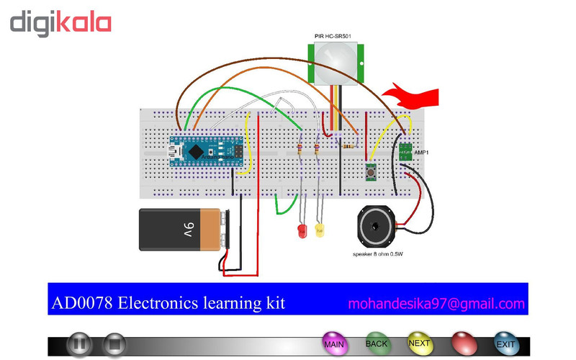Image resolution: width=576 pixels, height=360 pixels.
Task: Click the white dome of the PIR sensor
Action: click(x=336, y=60)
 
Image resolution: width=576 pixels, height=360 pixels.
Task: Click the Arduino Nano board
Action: click(x=204, y=152)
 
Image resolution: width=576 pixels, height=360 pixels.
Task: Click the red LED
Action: click(x=302, y=232)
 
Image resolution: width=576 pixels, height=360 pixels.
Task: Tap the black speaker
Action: click(x=377, y=228)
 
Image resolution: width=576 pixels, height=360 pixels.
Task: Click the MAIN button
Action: click(x=333, y=343)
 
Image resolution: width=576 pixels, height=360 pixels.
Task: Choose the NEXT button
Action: click(x=419, y=343)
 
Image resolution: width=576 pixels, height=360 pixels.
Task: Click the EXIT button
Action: click(x=505, y=344)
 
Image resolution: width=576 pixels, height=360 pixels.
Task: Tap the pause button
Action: click(x=79, y=345)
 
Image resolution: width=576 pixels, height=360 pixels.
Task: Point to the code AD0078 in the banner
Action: click(x=78, y=303)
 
